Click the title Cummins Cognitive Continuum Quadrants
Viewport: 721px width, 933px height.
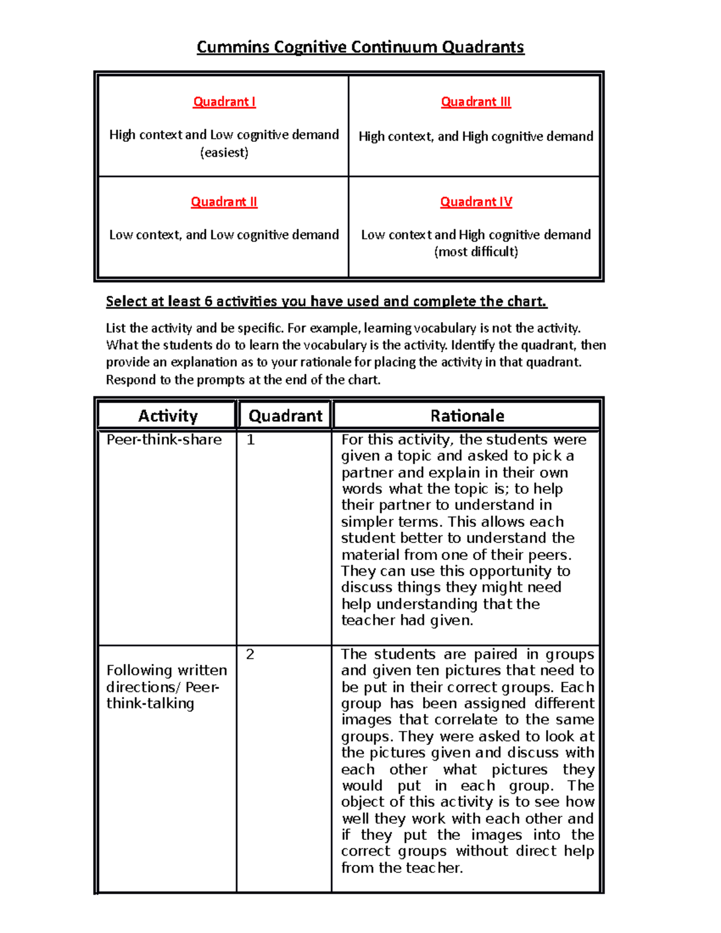click(360, 47)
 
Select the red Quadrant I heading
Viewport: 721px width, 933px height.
click(224, 102)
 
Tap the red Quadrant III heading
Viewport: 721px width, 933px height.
click(476, 102)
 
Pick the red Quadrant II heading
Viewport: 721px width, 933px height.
click(224, 202)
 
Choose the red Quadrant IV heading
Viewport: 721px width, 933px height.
click(476, 202)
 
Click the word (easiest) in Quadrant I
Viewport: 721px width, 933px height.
click(224, 153)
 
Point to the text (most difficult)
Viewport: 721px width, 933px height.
click(476, 252)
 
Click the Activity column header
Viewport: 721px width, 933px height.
click(168, 416)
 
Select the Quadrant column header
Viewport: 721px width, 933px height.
click(285, 416)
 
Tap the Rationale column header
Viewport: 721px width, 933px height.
click(467, 416)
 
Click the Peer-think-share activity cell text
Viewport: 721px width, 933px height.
click(164, 440)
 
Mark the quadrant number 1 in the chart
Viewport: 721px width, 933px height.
click(251, 440)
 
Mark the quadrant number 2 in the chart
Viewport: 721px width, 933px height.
click(250, 654)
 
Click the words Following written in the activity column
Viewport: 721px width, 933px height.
click(166, 670)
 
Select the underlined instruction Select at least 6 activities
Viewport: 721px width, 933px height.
click(326, 302)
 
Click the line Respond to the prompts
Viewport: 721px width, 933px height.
click(243, 380)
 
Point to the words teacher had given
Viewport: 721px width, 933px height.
click(407, 621)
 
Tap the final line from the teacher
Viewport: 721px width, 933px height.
click(402, 868)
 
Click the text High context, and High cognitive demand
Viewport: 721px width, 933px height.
click(476, 137)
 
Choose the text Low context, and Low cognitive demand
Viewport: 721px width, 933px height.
click(224, 235)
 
